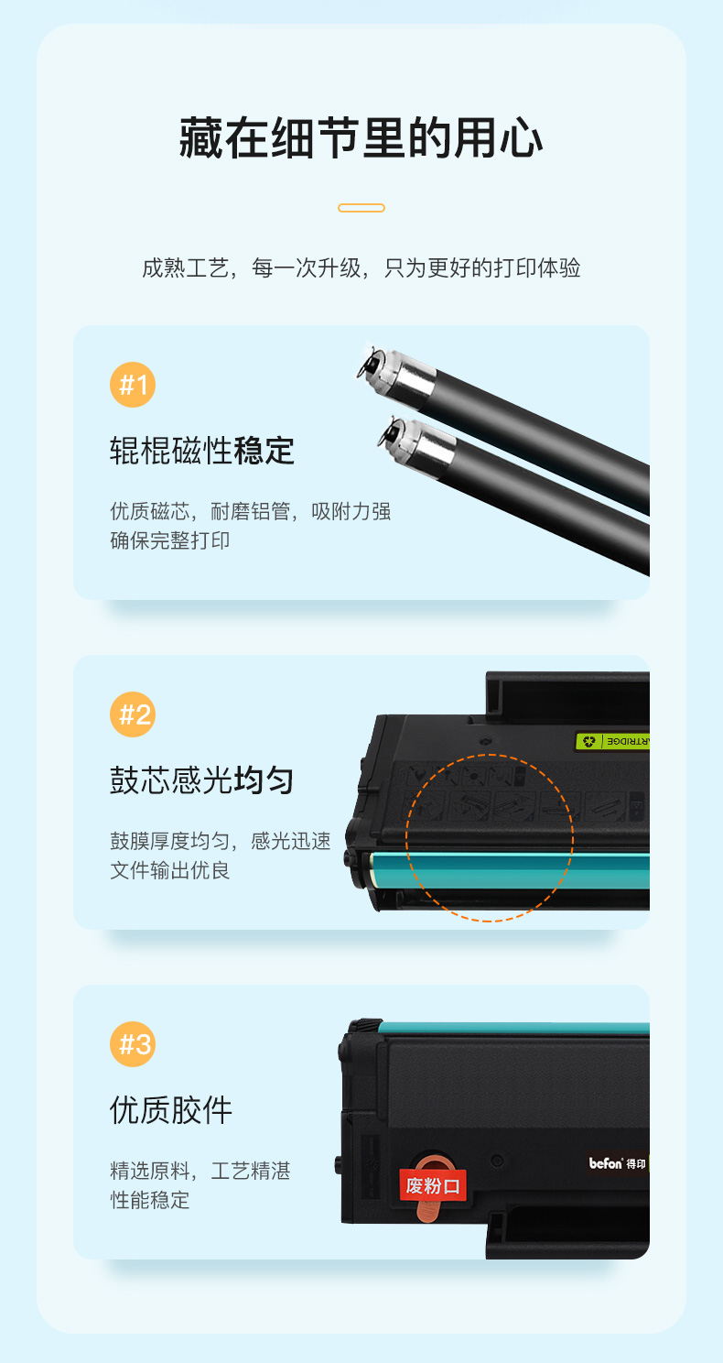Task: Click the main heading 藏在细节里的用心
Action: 361,138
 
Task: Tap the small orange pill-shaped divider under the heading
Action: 361,208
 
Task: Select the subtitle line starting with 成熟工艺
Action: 361,267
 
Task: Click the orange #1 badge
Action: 133,385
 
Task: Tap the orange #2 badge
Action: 133,714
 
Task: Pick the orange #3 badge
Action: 133,1044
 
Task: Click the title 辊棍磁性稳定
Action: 202,451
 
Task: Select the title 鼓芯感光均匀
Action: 202,780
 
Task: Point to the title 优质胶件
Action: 171,1110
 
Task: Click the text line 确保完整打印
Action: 169,540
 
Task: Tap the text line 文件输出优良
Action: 169,870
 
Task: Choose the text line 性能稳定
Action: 149,1200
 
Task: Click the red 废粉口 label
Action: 433,1185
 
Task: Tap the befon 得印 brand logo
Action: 617,1163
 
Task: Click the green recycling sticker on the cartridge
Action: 612,741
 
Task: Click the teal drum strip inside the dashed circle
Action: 490,870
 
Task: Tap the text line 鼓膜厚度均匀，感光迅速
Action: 221,841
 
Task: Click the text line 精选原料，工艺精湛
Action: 200,1171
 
